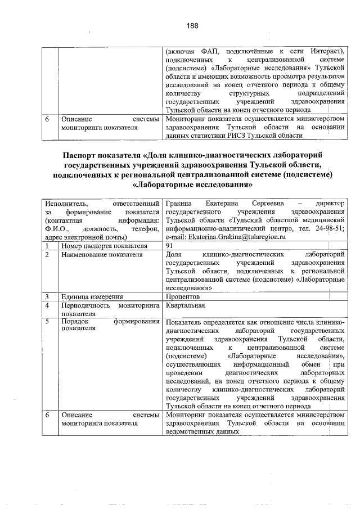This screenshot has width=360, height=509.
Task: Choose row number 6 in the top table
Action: pyautogui.click(x=47, y=119)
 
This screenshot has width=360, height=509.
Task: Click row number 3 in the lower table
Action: pyautogui.click(x=47, y=296)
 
